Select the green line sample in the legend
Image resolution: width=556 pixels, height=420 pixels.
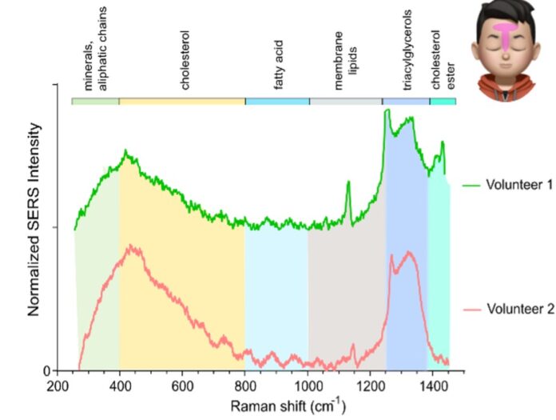(x=470, y=185)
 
